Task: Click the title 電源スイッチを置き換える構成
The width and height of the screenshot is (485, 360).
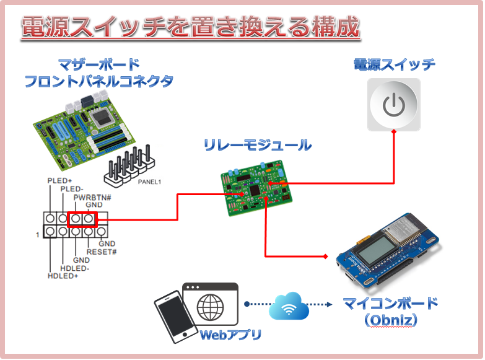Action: point(191,28)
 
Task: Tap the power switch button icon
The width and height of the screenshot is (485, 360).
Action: point(393,104)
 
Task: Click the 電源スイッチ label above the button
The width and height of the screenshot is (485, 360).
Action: point(394,64)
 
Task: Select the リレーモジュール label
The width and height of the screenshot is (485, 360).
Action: point(258,146)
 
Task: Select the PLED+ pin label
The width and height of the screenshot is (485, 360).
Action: point(60,180)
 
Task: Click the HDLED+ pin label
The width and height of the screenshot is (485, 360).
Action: point(63,276)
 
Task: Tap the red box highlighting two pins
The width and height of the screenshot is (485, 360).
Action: point(82,219)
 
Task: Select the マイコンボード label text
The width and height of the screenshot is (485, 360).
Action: point(390,304)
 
